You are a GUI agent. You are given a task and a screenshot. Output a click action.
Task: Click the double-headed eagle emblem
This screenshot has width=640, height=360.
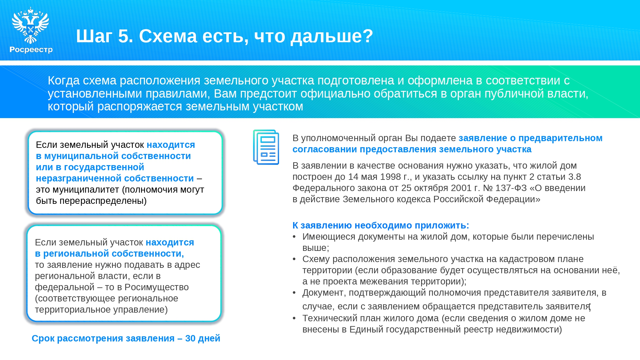pyautogui.click(x=30, y=26)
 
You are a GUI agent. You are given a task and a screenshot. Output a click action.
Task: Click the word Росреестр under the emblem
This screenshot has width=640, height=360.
pyautogui.click(x=31, y=50)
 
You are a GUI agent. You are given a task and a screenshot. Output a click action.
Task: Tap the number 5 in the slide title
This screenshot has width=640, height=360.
pyautogui.click(x=124, y=36)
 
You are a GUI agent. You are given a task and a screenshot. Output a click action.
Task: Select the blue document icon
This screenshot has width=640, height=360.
pyautogui.click(x=266, y=147)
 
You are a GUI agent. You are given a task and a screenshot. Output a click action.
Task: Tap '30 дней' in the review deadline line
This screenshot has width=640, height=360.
pyautogui.click(x=203, y=338)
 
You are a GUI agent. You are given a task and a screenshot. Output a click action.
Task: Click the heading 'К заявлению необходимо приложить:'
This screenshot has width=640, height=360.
pyautogui.click(x=381, y=226)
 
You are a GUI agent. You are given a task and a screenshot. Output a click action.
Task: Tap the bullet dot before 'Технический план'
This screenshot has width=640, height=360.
pyautogui.click(x=294, y=318)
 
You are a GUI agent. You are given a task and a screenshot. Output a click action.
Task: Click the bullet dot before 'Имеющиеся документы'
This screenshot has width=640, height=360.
pyautogui.click(x=294, y=237)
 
